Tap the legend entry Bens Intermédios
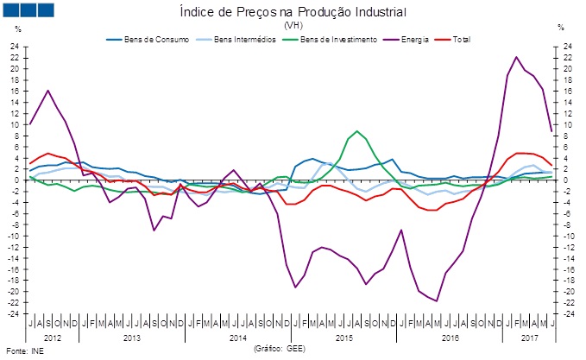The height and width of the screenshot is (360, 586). pyautogui.click(x=229, y=40)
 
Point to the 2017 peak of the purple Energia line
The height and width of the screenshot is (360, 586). pyautogui.click(x=516, y=58)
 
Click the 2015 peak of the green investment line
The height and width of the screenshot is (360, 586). pyautogui.click(x=358, y=131)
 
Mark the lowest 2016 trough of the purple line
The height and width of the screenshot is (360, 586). pyautogui.click(x=438, y=301)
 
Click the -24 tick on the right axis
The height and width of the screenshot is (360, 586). pyautogui.click(x=568, y=313)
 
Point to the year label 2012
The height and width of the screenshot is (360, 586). pyautogui.click(x=53, y=336)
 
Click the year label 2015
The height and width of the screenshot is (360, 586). pyautogui.click(x=343, y=336)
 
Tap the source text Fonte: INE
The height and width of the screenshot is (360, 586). pyautogui.click(x=23, y=351)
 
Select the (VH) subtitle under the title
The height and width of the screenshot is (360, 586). pyautogui.click(x=292, y=25)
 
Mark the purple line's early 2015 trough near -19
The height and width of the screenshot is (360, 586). pyautogui.click(x=295, y=287)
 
